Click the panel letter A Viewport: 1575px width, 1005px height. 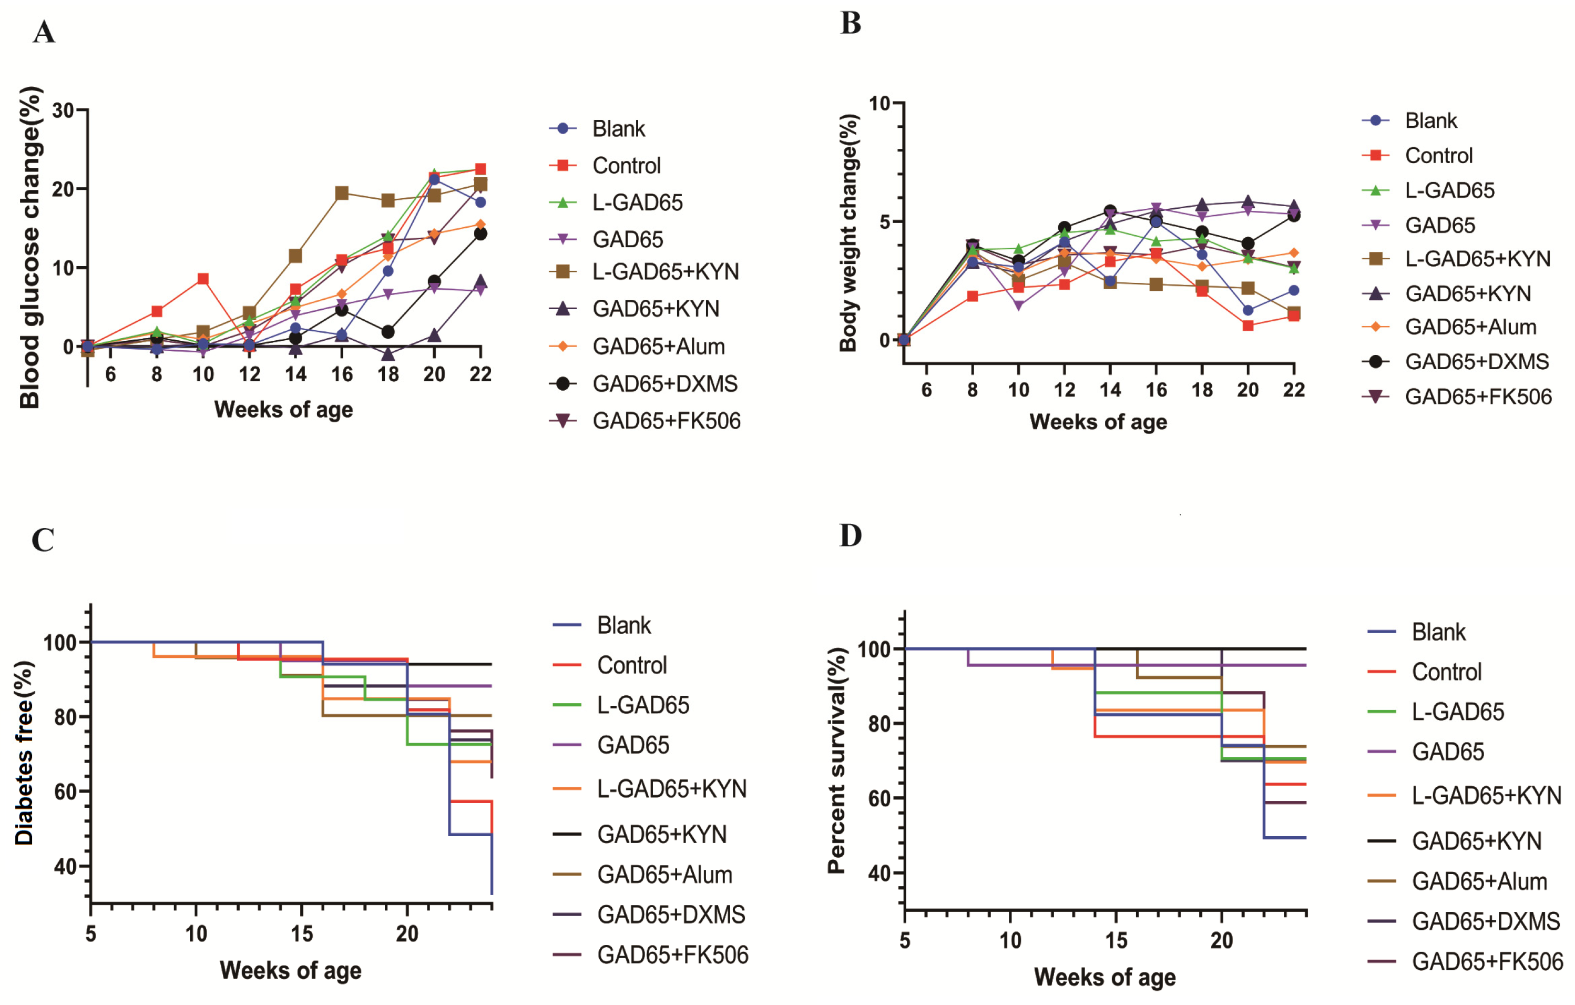[x=44, y=32]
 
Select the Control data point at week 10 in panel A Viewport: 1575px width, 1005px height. [x=203, y=279]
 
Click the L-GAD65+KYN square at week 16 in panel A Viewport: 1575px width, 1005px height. [x=341, y=193]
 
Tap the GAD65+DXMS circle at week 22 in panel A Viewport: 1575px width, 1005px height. [x=480, y=234]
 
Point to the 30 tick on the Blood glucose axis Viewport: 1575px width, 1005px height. [x=64, y=110]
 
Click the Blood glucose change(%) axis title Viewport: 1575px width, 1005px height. [x=29, y=247]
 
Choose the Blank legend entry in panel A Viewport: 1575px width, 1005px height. [x=618, y=129]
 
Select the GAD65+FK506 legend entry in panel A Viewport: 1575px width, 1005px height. [x=666, y=421]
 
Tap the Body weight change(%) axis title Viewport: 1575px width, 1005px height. [x=848, y=233]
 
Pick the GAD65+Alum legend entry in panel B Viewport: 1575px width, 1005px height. [x=1470, y=327]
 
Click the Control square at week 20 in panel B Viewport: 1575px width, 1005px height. [x=1248, y=325]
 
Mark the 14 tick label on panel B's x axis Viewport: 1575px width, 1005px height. [x=1110, y=390]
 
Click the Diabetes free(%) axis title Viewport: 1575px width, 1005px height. [x=24, y=753]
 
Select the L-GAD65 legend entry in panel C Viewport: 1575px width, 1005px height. [x=642, y=705]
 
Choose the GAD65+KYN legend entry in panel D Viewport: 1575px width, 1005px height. [x=1476, y=841]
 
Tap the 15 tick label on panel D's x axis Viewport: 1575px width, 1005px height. [x=1116, y=941]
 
